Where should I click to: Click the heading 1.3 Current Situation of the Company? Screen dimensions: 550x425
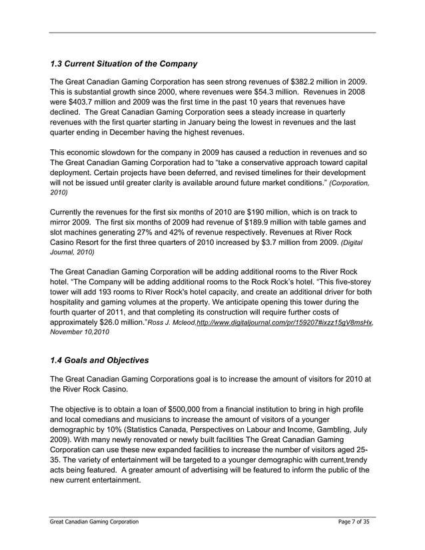pyautogui.click(x=124, y=64)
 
